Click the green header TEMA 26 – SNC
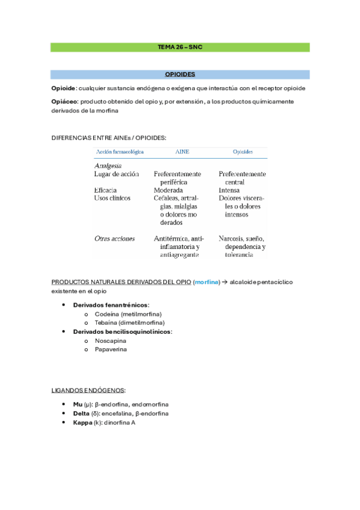click(180, 47)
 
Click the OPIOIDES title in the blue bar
click(180, 75)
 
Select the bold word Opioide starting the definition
click(64, 88)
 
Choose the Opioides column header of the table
click(242, 152)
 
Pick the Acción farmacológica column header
click(118, 152)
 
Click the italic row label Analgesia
click(108, 165)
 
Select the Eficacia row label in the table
click(106, 189)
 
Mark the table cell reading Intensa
click(230, 189)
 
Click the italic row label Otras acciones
click(115, 238)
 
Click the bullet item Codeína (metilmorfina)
click(128, 314)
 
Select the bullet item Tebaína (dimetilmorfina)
click(129, 323)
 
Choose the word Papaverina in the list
click(111, 349)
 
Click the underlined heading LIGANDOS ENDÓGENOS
click(88, 390)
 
